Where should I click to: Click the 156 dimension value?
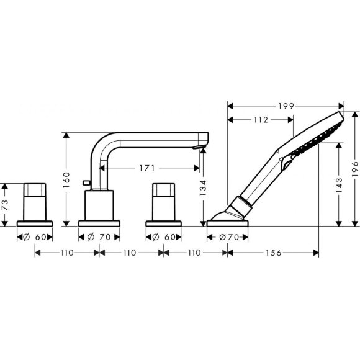pyautogui.click(x=274, y=253)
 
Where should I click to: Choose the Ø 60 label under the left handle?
pyautogui.click(x=35, y=236)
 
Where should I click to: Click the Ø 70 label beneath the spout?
pyautogui.click(x=100, y=236)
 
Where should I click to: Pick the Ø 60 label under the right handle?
pyautogui.click(x=163, y=236)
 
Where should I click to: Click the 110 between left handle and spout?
pyautogui.click(x=67, y=253)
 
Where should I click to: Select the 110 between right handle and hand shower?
pyautogui.click(x=196, y=253)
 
